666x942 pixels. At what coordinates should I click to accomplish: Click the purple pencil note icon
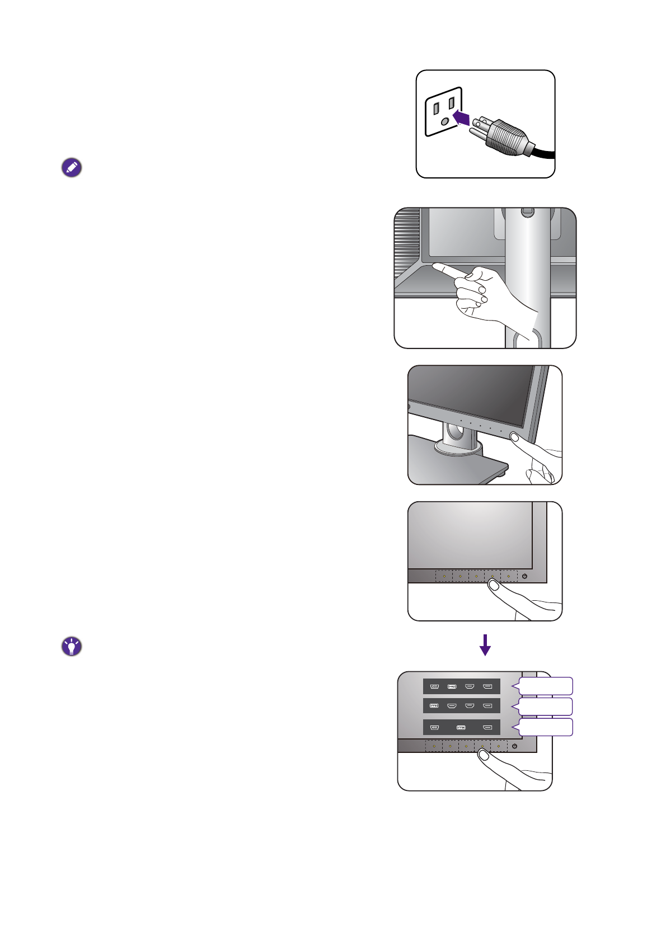(x=72, y=168)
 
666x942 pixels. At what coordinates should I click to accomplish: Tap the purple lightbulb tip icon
(x=72, y=647)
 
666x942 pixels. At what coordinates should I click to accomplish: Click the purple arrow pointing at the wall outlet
(x=461, y=117)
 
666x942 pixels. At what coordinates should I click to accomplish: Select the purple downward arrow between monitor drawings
(x=485, y=645)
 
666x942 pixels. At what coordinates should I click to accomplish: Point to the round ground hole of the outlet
(x=444, y=121)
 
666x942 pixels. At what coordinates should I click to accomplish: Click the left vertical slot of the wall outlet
(x=437, y=108)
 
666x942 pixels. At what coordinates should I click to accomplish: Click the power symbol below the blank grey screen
(x=524, y=576)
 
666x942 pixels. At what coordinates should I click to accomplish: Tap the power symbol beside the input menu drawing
(x=514, y=746)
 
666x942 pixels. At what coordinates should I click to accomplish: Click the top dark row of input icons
(x=461, y=686)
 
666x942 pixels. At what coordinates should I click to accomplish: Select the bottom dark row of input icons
(x=461, y=728)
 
